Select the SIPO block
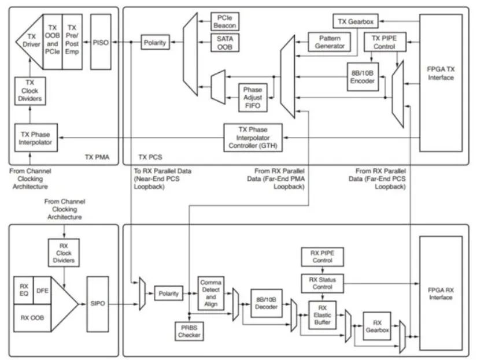click(98, 303)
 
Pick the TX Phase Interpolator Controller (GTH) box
click(254, 137)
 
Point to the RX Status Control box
click(323, 284)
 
